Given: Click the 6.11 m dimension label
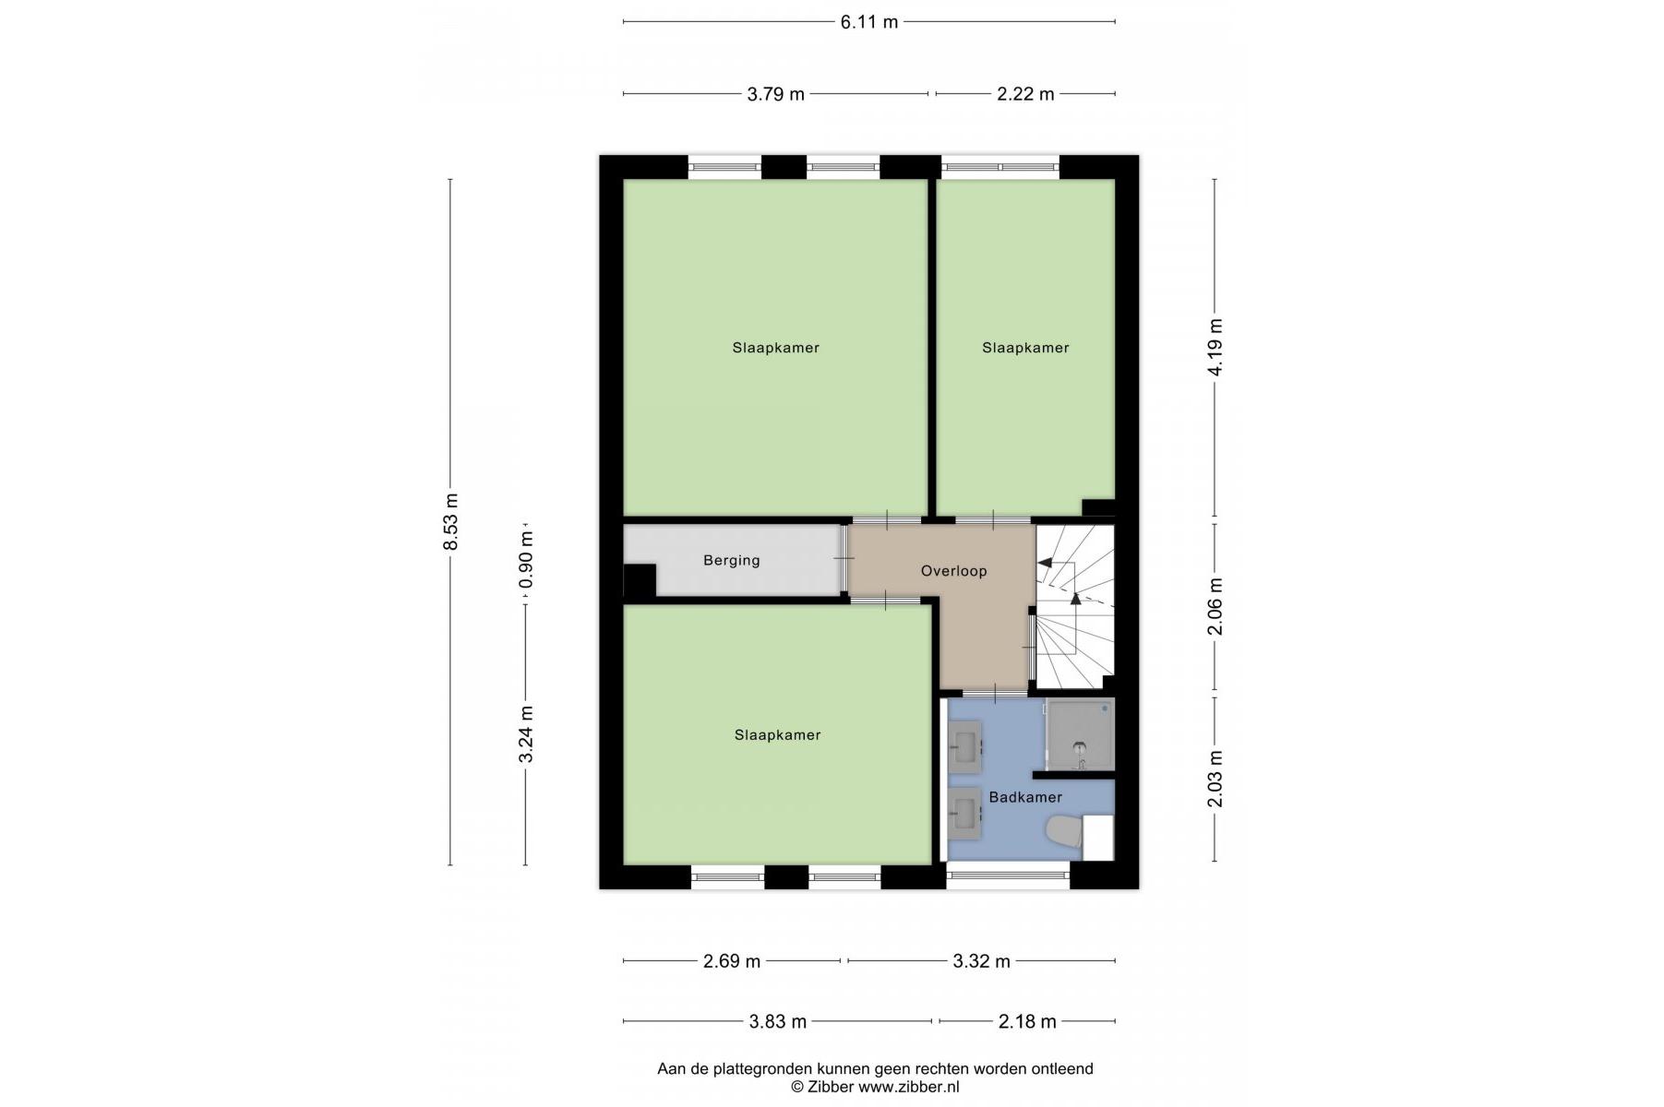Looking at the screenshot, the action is point(868,22).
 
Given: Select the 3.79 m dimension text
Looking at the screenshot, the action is point(775,94).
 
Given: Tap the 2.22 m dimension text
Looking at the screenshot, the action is point(1024,94).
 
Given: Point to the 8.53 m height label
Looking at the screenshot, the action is point(450,522).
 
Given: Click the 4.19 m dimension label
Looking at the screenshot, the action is point(1215,347).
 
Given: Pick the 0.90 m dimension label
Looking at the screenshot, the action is point(525,559).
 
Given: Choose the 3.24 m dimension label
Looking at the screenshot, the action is point(525,735).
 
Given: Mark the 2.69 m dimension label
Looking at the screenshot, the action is point(732,961).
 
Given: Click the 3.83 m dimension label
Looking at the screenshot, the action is point(777,1021).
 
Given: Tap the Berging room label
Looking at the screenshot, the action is point(732,560).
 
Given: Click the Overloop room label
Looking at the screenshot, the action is point(953,571).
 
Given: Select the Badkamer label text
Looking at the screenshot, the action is point(1025,797).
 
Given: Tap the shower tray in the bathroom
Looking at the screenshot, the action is point(1080,734).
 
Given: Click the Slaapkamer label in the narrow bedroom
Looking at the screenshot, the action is point(1025,348).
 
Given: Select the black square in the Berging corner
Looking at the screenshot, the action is point(640,580).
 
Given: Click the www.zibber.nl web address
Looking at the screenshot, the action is point(909,1087).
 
